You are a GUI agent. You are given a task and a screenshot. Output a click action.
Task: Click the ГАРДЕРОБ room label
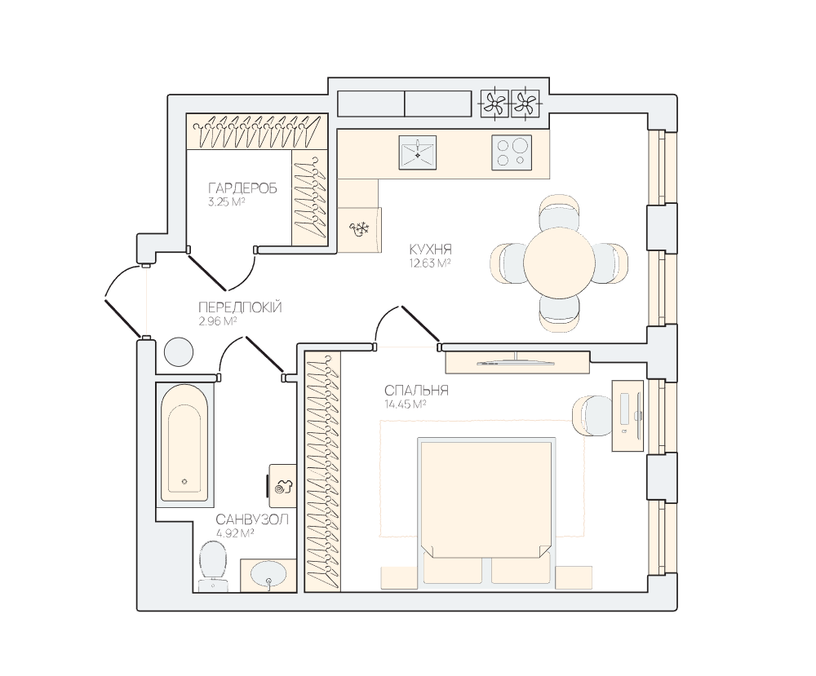[x=242, y=188]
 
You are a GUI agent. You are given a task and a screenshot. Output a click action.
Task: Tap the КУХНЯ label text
[x=430, y=249]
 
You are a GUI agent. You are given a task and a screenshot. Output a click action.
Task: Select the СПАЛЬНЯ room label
[x=416, y=391]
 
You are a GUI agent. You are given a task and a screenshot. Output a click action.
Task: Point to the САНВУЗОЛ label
[x=252, y=519]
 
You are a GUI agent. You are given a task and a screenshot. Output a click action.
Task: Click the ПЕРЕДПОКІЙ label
[x=240, y=307]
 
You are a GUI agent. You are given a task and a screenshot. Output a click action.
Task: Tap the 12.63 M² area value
[x=430, y=263]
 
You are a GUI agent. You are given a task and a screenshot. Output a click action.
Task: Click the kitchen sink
[x=417, y=152]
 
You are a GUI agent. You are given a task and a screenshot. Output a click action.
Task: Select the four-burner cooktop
[x=512, y=152]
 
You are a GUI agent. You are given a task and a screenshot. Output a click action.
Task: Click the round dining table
[x=559, y=263]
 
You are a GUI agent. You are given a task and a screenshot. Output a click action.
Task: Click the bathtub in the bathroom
[x=184, y=443]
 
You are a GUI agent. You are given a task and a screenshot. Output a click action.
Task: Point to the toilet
[x=213, y=566]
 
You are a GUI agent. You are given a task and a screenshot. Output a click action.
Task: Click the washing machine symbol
[x=282, y=486]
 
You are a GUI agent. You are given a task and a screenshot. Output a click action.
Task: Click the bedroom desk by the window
[x=628, y=416]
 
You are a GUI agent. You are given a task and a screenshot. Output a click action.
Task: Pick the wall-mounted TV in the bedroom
[x=517, y=362]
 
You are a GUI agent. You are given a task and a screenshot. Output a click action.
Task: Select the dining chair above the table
[x=560, y=212]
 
